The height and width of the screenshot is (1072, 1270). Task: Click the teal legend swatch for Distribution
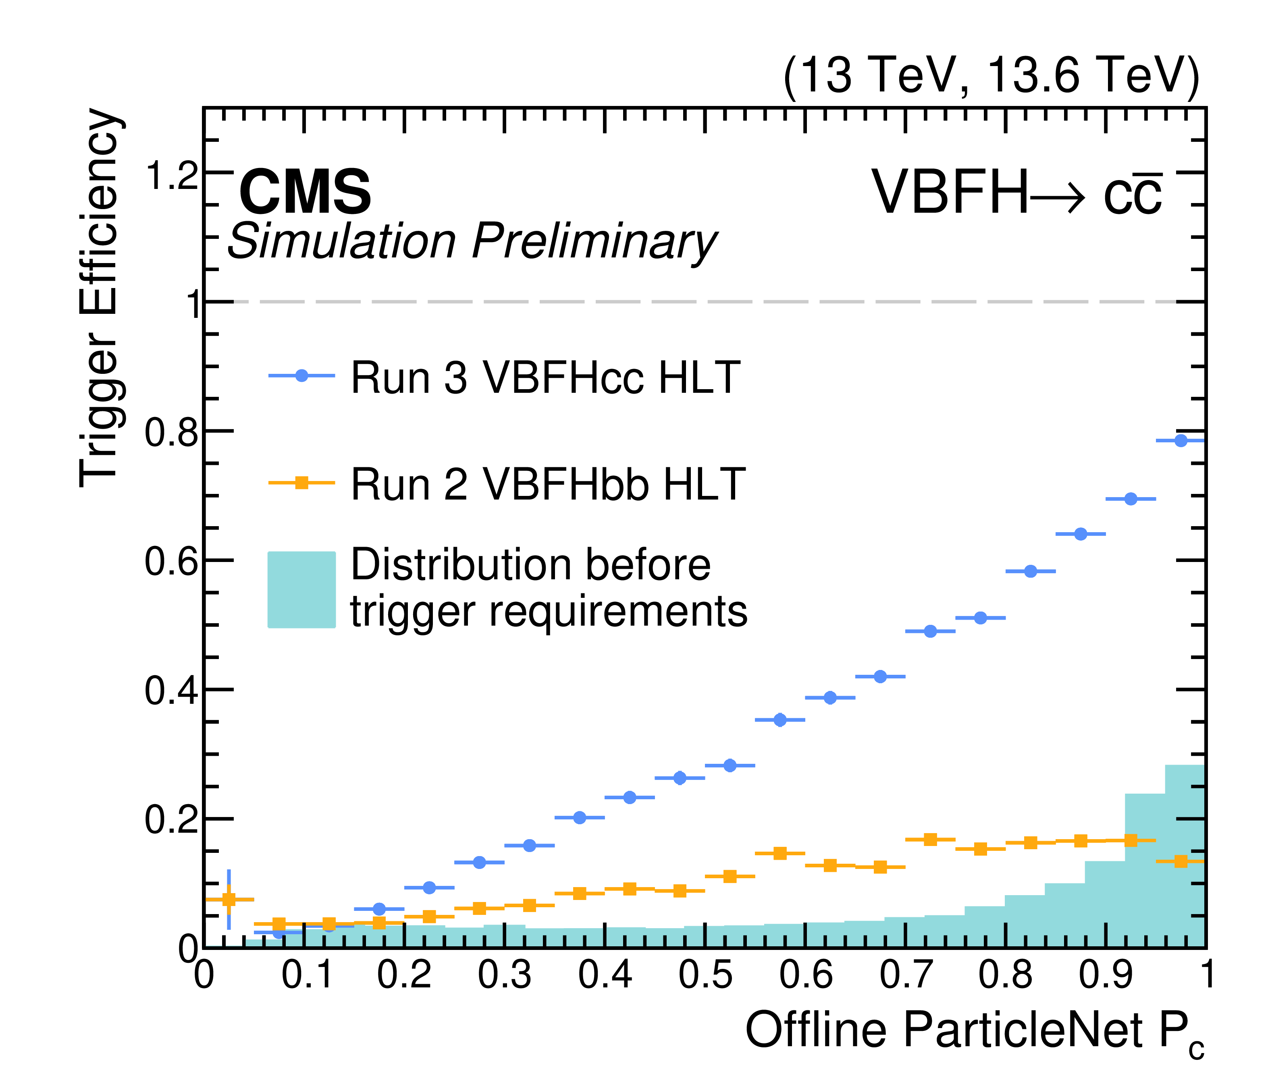[301, 589]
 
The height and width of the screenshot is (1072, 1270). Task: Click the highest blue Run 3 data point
[1181, 441]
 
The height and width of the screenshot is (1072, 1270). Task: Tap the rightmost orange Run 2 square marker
[1181, 861]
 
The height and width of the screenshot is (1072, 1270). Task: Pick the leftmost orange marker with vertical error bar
[229, 900]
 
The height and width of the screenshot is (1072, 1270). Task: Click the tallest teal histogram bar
[1185, 856]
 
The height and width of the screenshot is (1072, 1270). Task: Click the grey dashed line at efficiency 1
[705, 301]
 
